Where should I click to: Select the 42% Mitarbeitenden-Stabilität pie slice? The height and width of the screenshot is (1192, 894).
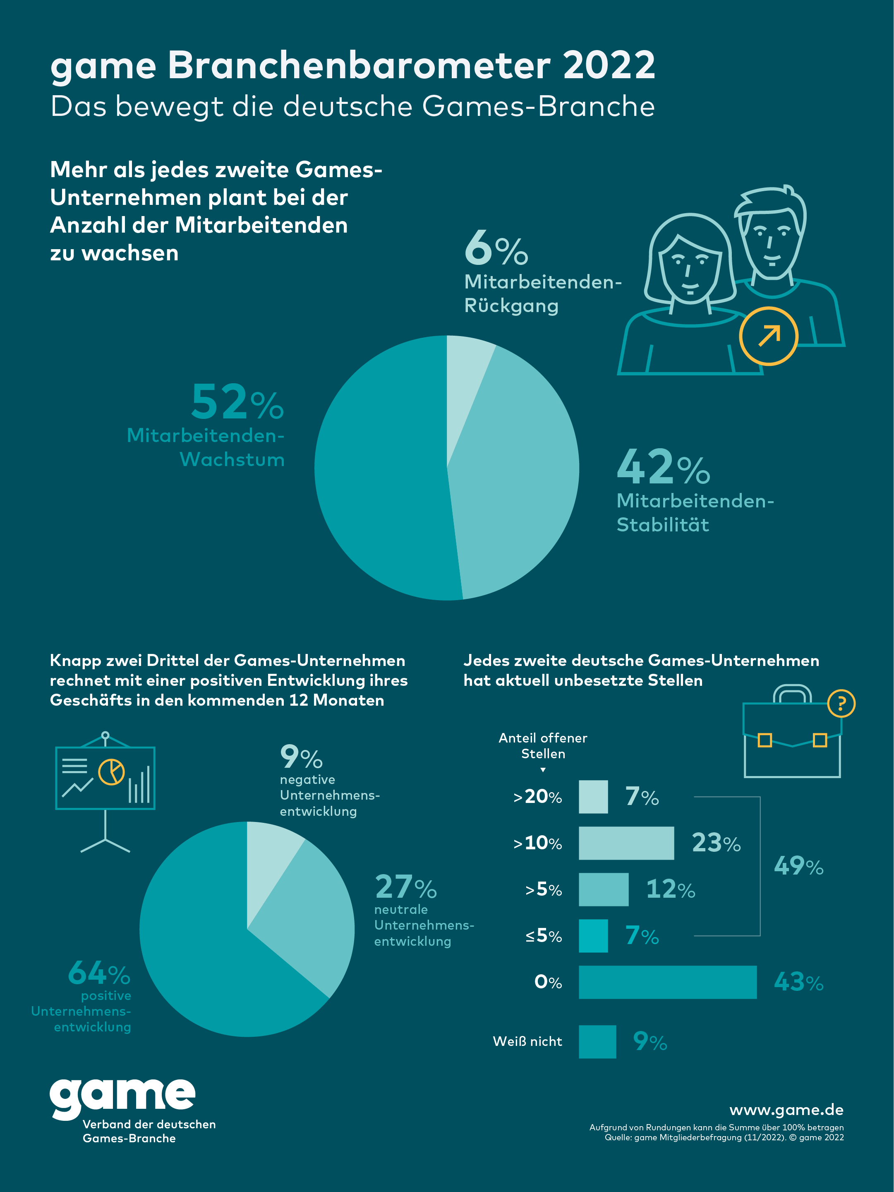coord(517,474)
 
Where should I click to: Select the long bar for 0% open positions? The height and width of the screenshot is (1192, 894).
coord(667,982)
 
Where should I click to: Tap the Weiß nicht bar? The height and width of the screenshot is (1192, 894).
coord(597,1042)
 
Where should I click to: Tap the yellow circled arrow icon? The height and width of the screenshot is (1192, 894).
coord(768,336)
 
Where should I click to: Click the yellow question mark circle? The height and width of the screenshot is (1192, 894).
coord(841,703)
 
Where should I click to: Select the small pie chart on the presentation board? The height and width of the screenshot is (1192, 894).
coord(111,771)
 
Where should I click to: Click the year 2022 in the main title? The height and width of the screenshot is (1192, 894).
coord(609,66)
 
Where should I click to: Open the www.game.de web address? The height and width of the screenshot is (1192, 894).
coord(786,1110)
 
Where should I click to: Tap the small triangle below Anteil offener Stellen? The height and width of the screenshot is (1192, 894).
coord(543,770)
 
